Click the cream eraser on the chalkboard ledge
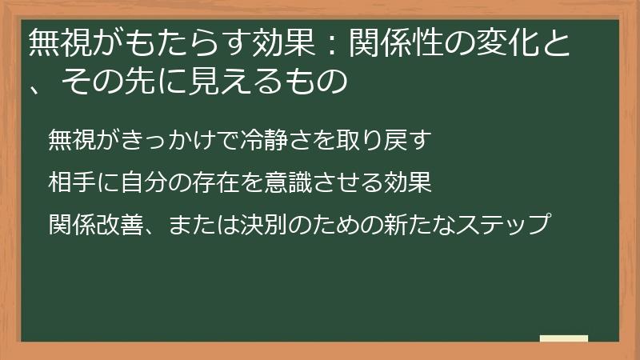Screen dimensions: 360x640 tap(563, 339)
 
